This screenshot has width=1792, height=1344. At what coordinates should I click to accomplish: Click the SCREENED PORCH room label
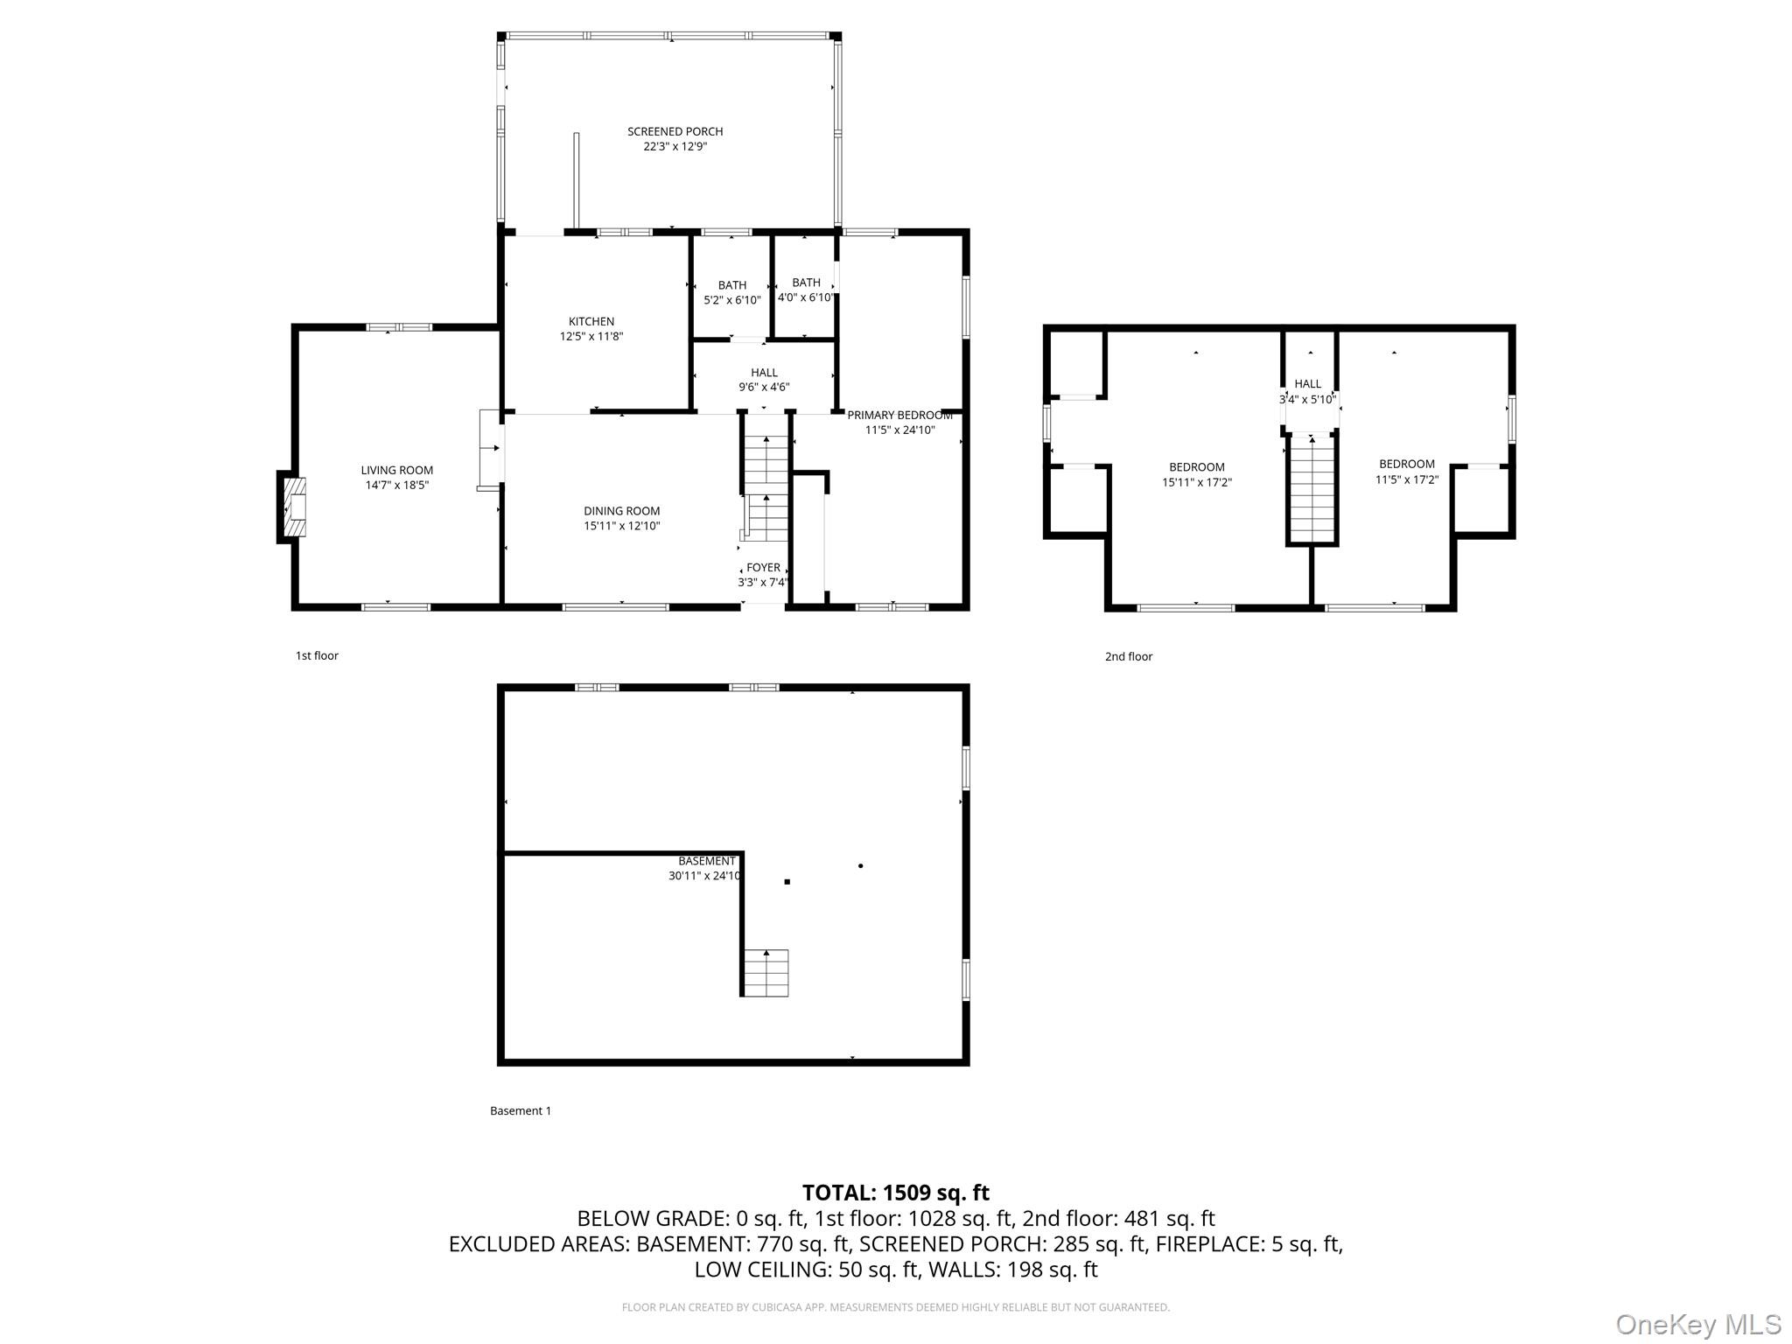(675, 131)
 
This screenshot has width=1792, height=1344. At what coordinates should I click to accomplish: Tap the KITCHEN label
(591, 321)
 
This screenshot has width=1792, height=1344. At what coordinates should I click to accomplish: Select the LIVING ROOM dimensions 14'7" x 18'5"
(397, 485)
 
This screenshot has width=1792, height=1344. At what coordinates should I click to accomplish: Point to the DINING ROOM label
(622, 511)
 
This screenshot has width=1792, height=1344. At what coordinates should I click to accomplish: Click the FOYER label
(763, 568)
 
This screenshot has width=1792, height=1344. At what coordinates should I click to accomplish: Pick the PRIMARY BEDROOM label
(899, 415)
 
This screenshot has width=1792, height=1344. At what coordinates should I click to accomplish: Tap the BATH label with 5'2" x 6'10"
(732, 285)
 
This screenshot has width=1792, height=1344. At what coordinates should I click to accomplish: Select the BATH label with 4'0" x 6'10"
(806, 283)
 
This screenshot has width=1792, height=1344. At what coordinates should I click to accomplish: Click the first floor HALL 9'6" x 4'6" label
(764, 373)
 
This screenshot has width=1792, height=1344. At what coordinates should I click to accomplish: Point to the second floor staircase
(1312, 490)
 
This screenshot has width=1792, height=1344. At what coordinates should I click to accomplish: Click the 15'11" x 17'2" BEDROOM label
(1197, 467)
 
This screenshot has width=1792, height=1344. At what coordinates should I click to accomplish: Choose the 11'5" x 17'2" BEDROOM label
(1407, 465)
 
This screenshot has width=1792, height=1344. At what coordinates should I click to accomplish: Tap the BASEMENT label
(707, 861)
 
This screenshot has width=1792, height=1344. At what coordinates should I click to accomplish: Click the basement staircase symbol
(766, 972)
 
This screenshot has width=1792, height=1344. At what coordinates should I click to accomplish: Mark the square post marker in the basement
(787, 882)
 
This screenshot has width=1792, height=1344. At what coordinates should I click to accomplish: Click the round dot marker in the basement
(861, 865)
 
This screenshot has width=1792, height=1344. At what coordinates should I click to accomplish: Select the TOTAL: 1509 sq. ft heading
(895, 1193)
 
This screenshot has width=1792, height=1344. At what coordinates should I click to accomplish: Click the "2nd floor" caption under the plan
(1128, 656)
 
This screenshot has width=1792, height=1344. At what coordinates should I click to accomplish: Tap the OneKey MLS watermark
(1698, 1325)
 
